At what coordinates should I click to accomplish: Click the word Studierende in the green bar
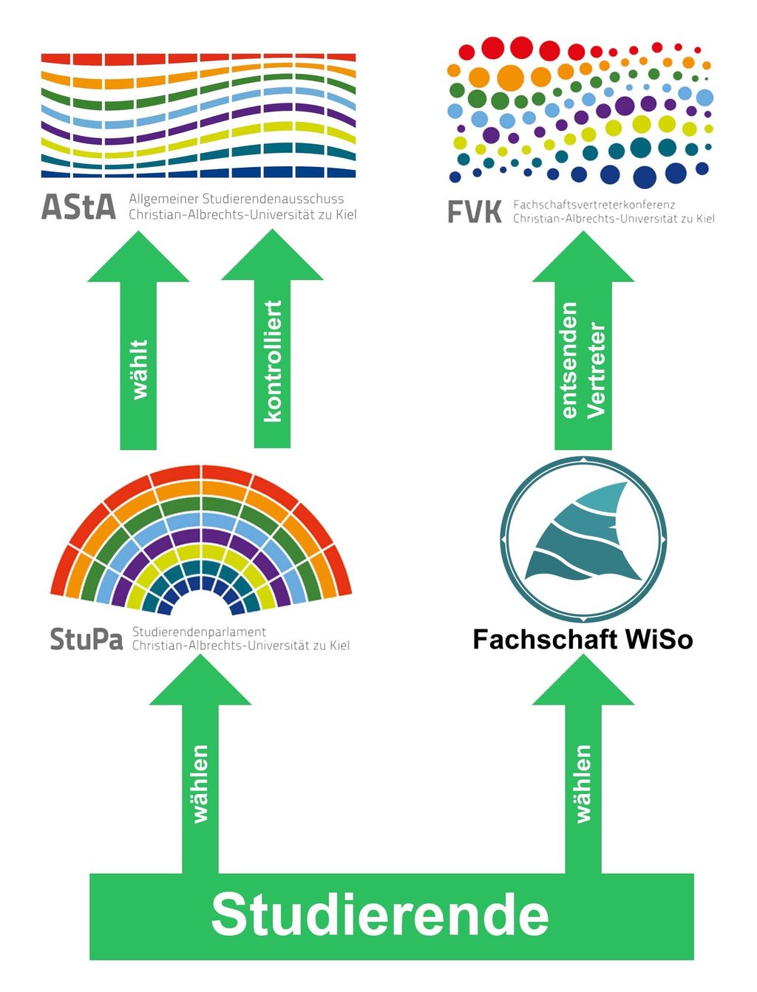pyautogui.click(x=380, y=915)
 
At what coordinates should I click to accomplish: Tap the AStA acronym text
pyautogui.click(x=79, y=208)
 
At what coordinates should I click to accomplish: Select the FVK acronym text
pyautogui.click(x=475, y=213)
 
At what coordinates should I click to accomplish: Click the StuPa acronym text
pyautogui.click(x=86, y=639)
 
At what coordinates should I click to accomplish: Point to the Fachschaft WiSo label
pyautogui.click(x=583, y=639)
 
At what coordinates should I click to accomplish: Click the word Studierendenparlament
pyautogui.click(x=199, y=632)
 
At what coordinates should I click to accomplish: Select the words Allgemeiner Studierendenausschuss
pyautogui.click(x=237, y=199)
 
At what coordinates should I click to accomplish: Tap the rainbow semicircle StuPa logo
pyautogui.click(x=201, y=539)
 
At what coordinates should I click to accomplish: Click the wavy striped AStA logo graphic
pyautogui.click(x=198, y=115)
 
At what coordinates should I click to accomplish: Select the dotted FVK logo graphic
pyautogui.click(x=580, y=111)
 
